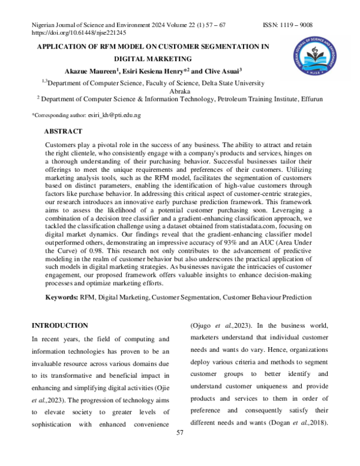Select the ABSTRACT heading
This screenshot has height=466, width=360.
[x=64, y=131]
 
